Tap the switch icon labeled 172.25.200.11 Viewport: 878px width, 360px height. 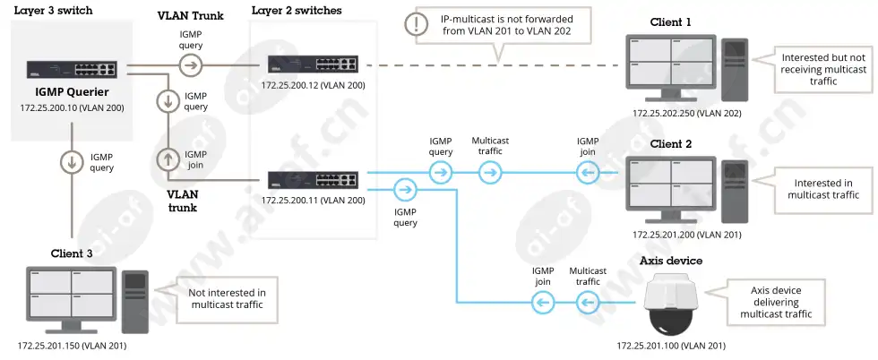[312, 179]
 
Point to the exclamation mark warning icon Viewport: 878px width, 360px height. [416, 24]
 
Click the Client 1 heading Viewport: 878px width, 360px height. [670, 22]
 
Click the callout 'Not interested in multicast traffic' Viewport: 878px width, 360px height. [227, 299]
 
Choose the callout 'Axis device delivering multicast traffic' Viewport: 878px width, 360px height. [776, 303]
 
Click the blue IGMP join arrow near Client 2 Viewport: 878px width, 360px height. [587, 173]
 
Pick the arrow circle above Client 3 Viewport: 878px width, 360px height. [73, 162]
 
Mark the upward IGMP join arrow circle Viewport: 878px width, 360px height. [168, 159]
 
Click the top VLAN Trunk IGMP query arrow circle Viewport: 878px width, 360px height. [191, 65]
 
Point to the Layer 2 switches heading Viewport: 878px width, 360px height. [297, 11]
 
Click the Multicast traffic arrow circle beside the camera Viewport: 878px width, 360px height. [587, 303]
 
